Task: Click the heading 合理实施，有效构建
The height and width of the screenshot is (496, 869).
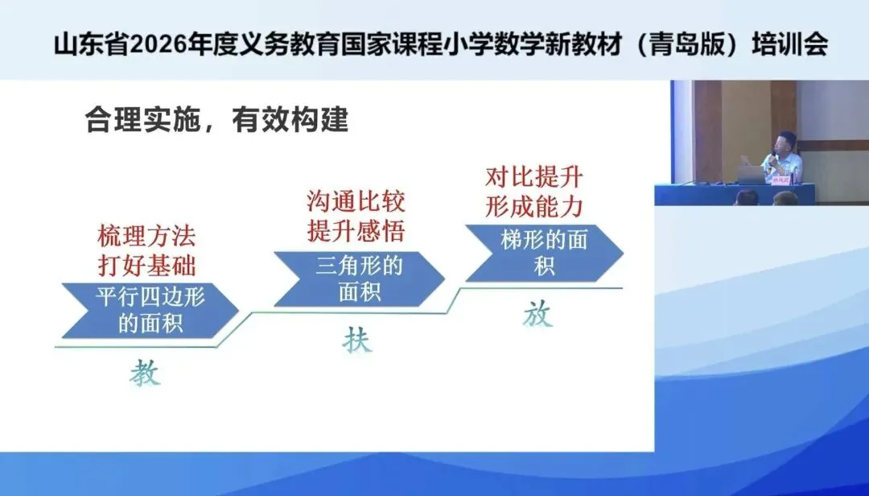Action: coord(216,119)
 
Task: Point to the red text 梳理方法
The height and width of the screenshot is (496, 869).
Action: coord(147,236)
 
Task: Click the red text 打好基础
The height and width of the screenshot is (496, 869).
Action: coord(147,265)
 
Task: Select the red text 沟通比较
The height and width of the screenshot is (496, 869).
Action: coord(356,200)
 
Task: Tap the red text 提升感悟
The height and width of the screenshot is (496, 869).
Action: coord(356,230)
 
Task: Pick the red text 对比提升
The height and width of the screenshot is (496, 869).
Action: coord(534,177)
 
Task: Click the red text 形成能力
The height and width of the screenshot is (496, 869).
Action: coord(534,206)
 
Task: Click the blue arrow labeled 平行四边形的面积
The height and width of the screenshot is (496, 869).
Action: coord(150,311)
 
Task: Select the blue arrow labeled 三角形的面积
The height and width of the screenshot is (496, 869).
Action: coord(360,279)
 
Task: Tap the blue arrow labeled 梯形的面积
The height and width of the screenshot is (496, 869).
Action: coord(544,253)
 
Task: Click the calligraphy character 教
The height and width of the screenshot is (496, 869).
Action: coord(145,372)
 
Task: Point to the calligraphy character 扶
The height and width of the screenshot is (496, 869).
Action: coord(357,340)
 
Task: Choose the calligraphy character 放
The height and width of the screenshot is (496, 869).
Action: coord(537,314)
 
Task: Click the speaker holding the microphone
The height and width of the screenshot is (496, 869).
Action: coord(782,157)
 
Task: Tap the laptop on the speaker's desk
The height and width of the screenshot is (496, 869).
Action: coord(751,175)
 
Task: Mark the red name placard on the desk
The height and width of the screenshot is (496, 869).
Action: coord(781,180)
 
